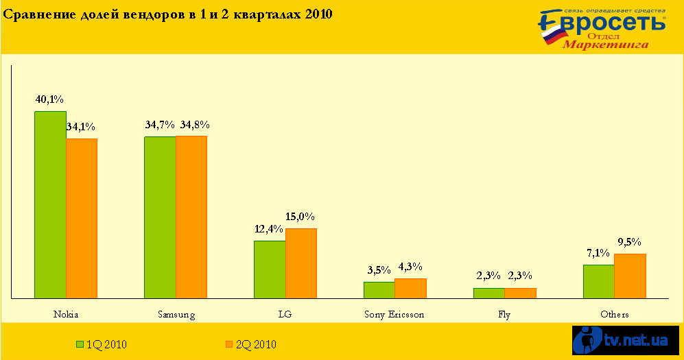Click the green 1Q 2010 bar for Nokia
(x=50, y=204)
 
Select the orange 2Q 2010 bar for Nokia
(x=82, y=218)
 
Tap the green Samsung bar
(x=159, y=217)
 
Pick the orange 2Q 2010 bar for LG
(x=301, y=263)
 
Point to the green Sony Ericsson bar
(x=379, y=290)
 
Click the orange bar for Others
(x=630, y=276)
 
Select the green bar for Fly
(x=488, y=293)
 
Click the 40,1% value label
(x=49, y=100)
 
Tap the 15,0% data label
(x=300, y=217)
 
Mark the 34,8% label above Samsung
(x=195, y=125)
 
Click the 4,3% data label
(x=410, y=267)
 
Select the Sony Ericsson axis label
(x=394, y=315)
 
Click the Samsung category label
(x=176, y=315)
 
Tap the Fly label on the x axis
(x=504, y=315)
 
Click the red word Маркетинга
(x=606, y=45)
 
